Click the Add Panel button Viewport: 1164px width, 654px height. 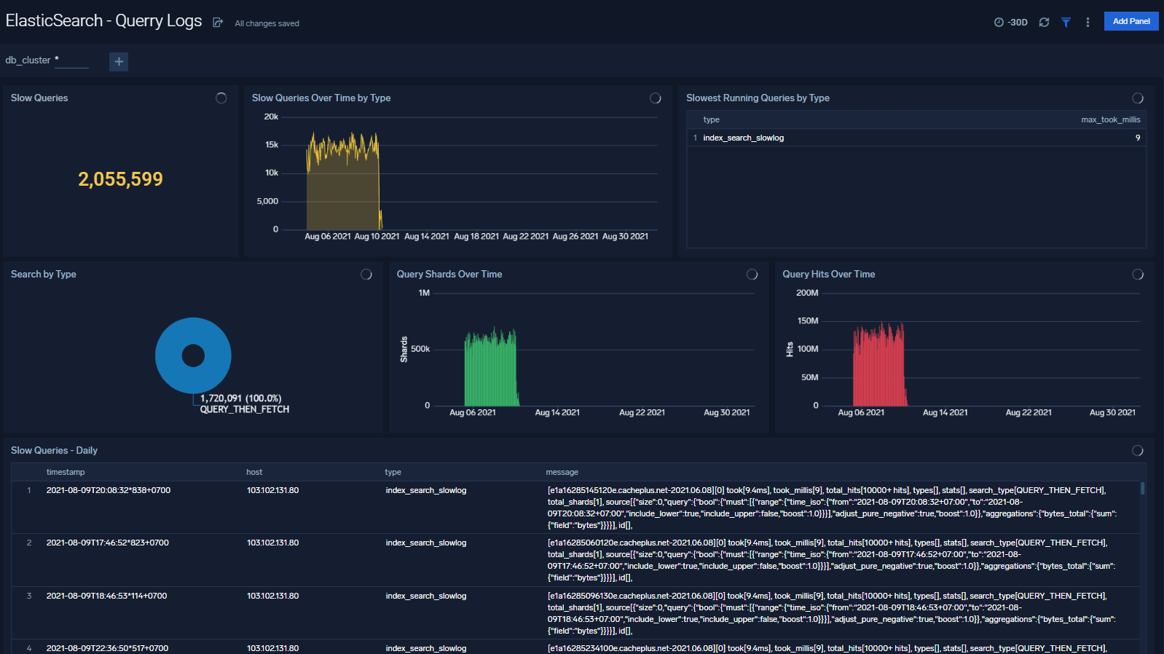point(1130,21)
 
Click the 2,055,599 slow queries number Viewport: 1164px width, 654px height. point(120,179)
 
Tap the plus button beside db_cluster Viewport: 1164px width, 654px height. point(119,62)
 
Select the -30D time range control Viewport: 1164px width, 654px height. point(1011,23)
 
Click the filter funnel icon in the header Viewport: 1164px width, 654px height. point(1066,23)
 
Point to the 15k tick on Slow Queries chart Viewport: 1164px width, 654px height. point(272,145)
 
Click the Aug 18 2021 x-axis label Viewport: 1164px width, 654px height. point(476,237)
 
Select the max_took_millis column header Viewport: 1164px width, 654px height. point(1110,119)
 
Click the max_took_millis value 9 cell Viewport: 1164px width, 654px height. point(1137,138)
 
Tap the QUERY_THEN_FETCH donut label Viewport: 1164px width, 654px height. point(245,410)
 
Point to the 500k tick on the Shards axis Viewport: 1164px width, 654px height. point(420,350)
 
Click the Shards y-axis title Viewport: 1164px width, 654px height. point(404,350)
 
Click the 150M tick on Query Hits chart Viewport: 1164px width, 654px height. point(808,321)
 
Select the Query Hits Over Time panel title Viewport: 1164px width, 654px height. point(828,275)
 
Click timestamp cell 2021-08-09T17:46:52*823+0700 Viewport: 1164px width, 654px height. point(108,543)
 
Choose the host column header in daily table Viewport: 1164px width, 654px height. point(254,473)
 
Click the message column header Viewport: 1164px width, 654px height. point(562,473)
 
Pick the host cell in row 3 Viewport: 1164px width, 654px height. point(272,596)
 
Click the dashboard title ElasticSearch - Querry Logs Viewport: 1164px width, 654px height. point(103,21)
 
